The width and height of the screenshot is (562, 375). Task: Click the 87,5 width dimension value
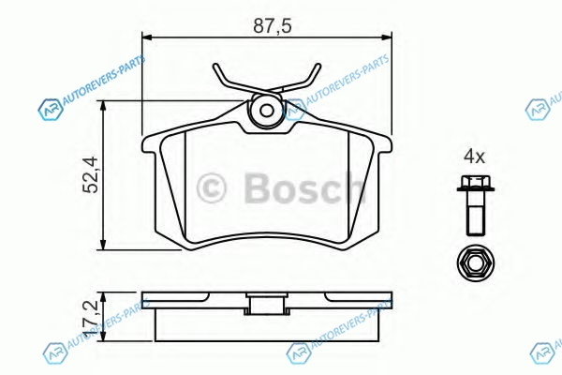coord(273,26)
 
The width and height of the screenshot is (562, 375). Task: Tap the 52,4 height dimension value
coord(91,174)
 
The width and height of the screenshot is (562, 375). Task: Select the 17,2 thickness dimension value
coord(91,318)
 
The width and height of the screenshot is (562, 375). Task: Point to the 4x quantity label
coord(474,157)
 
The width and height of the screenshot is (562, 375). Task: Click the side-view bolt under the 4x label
coord(476,205)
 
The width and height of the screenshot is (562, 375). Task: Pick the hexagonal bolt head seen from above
coord(476,263)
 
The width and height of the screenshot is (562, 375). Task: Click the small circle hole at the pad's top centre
coord(267,111)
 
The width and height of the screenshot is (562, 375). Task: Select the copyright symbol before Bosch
coord(212,187)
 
